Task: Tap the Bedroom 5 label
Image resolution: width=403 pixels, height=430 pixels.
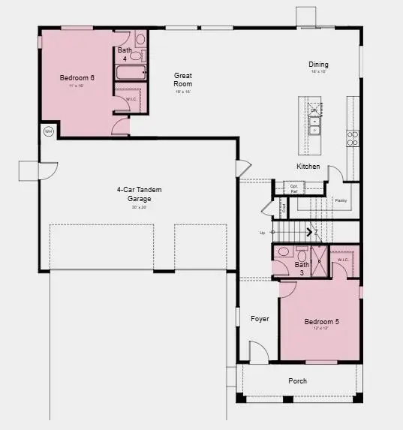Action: [321, 322]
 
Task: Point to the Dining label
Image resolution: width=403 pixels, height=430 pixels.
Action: [317, 65]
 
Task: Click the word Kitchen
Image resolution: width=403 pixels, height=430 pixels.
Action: [308, 166]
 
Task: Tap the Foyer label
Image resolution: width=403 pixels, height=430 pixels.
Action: [260, 319]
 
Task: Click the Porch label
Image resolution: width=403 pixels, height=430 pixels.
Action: [298, 380]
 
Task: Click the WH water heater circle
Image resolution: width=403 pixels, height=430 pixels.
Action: [48, 131]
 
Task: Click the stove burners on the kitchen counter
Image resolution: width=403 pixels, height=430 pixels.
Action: [352, 137]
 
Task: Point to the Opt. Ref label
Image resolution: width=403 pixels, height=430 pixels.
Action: [293, 188]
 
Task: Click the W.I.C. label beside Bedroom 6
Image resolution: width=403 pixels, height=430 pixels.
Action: [131, 98]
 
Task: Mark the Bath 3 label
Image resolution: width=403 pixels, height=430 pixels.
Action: [301, 268]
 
